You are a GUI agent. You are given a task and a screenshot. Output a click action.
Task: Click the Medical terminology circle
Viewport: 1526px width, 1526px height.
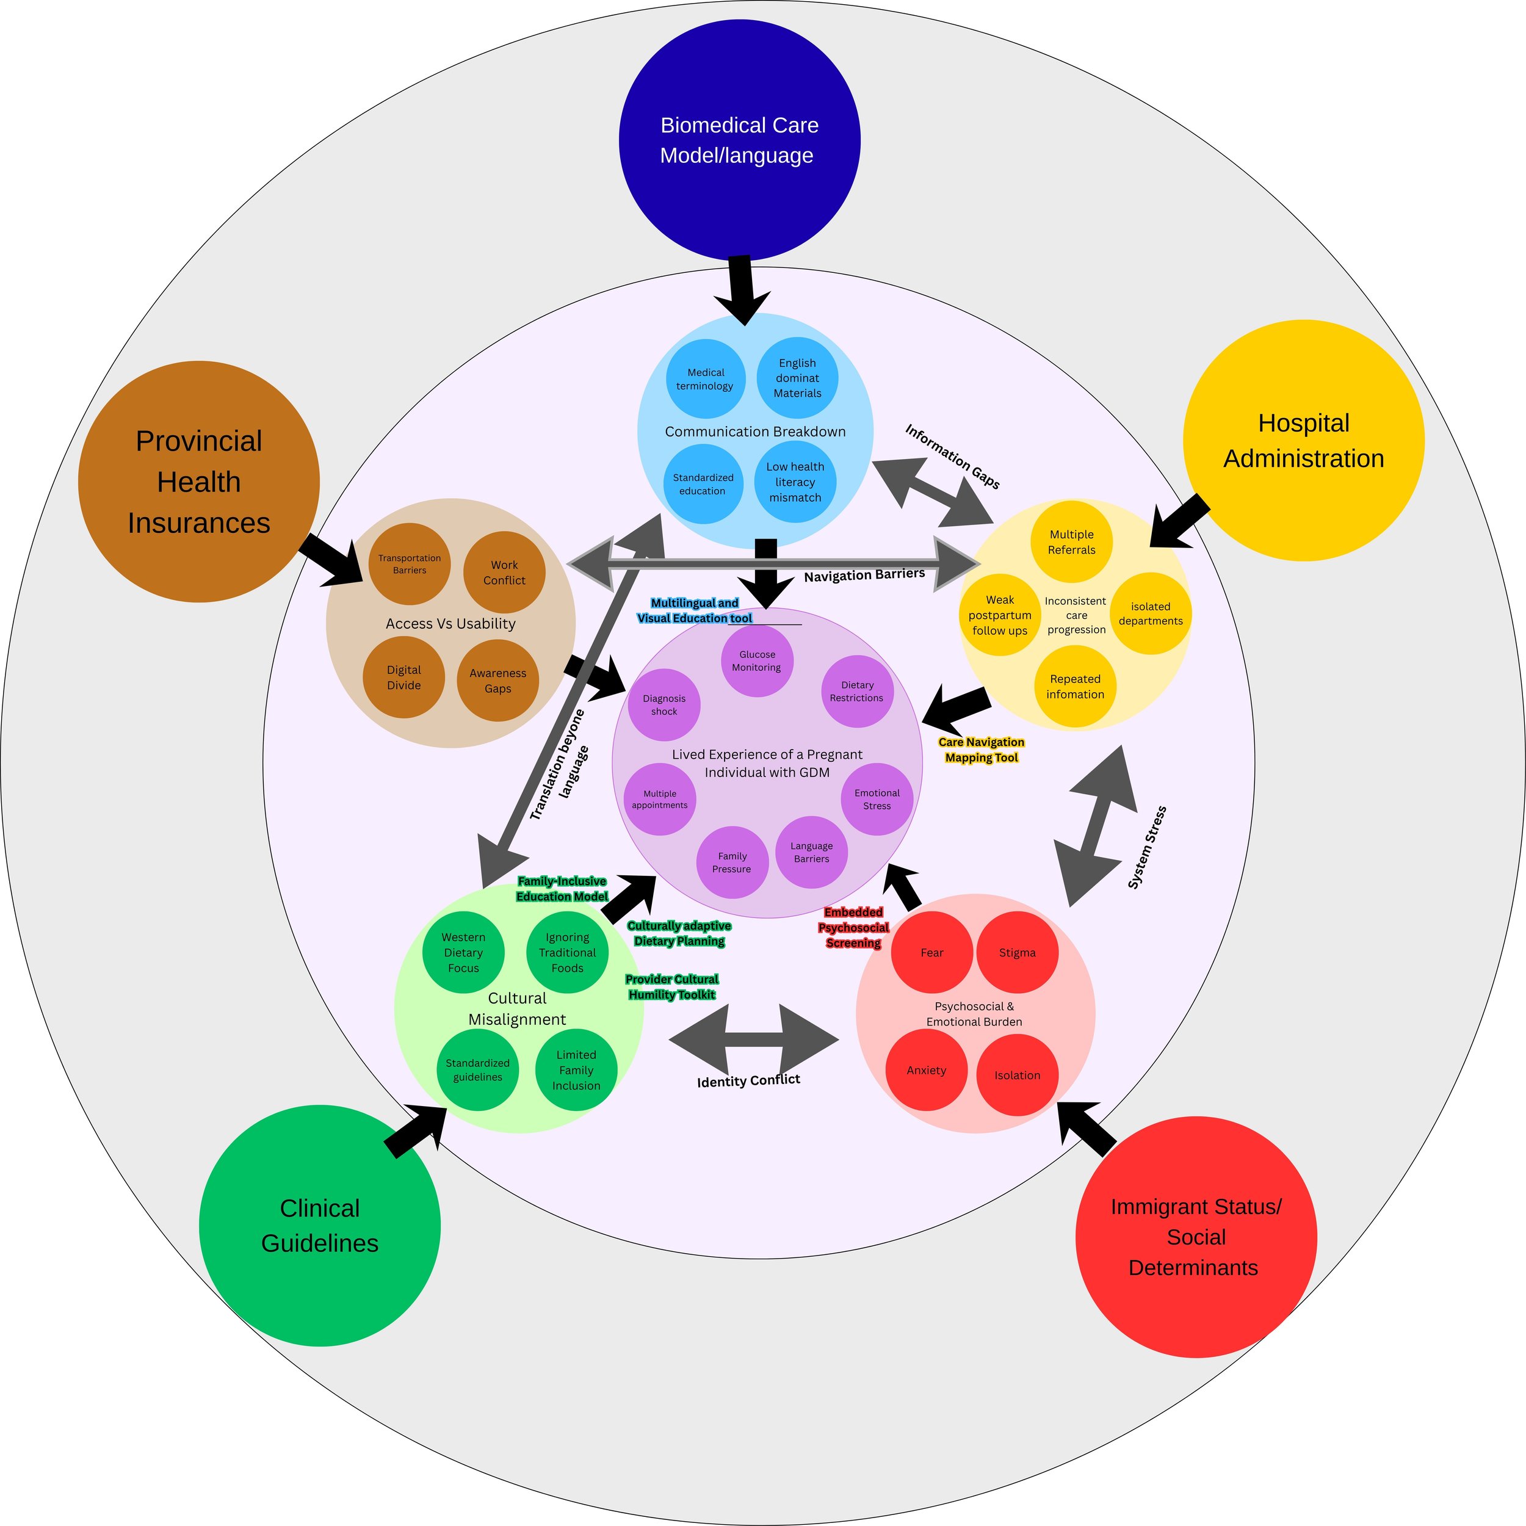[706, 379]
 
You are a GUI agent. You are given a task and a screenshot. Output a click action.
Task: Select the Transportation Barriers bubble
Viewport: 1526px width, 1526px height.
[409, 564]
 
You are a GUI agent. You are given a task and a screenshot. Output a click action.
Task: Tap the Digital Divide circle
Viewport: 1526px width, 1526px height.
[403, 678]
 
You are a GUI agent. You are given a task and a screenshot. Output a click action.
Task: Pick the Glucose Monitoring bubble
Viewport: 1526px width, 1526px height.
[757, 661]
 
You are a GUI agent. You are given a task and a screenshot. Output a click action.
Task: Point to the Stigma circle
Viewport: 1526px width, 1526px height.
[1018, 953]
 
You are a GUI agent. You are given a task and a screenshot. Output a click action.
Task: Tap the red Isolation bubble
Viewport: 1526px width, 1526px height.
[1018, 1075]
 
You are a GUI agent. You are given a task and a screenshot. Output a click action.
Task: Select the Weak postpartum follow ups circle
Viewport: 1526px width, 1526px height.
[1000, 615]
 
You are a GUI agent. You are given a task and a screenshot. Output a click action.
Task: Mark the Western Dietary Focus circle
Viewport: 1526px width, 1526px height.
[463, 953]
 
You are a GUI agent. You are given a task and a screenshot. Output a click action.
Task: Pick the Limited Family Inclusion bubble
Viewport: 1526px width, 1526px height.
[576, 1070]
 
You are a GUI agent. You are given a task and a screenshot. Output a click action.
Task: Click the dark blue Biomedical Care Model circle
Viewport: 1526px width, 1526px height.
[739, 140]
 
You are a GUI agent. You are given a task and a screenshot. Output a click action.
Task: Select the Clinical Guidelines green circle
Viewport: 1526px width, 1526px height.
[320, 1225]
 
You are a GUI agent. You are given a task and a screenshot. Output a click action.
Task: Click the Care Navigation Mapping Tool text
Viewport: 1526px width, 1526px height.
[982, 750]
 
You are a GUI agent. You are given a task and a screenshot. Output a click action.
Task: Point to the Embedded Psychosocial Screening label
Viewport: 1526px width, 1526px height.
[853, 927]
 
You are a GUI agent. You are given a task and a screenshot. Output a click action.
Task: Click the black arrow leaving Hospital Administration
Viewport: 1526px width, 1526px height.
[1179, 521]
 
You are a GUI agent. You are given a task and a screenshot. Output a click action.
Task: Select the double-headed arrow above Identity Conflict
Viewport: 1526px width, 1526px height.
[753, 1040]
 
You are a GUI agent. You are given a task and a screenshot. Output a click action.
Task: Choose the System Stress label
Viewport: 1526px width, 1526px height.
[1147, 847]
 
